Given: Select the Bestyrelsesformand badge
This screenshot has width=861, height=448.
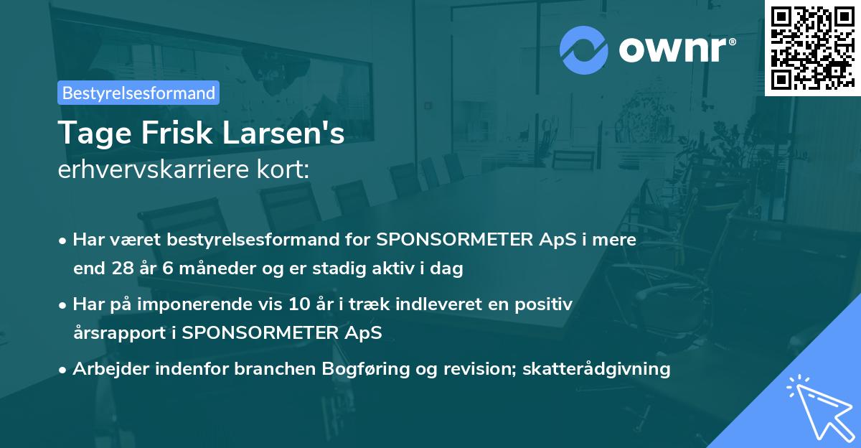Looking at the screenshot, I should (138, 93).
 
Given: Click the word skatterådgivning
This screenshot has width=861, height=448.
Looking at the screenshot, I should (597, 369).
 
